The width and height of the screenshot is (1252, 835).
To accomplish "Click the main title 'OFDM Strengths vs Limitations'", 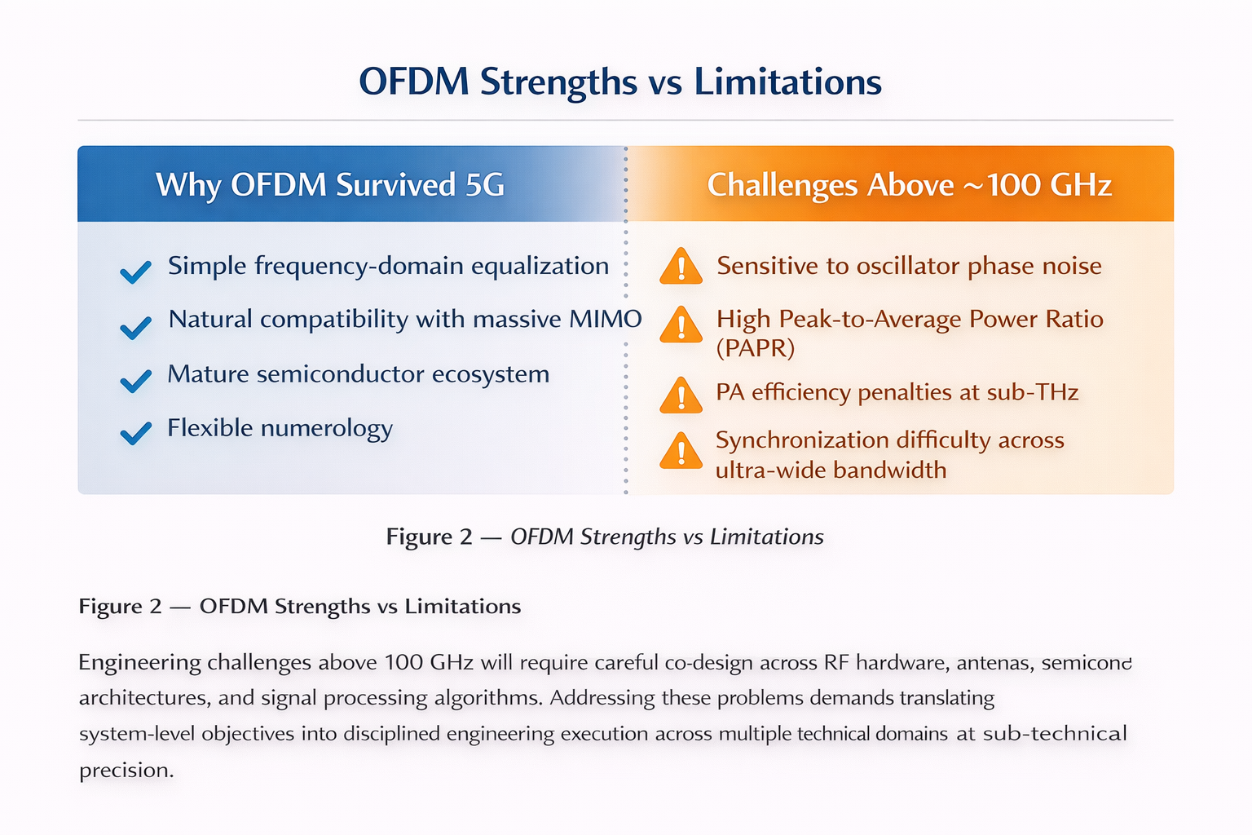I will (x=620, y=82).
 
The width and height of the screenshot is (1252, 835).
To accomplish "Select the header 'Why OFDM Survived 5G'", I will (x=330, y=185).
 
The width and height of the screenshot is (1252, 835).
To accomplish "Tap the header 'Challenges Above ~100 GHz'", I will (x=909, y=185).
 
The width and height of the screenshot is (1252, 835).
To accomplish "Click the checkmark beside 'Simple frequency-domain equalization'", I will (x=135, y=272).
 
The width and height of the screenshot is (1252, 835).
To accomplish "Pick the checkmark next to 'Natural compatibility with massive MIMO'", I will (x=135, y=327).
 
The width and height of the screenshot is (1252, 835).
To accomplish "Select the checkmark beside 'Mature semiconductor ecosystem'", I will (x=135, y=381).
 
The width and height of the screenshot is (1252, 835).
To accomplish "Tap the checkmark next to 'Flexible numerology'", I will (x=135, y=433).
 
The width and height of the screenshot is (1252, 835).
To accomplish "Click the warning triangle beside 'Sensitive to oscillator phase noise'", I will (x=681, y=267).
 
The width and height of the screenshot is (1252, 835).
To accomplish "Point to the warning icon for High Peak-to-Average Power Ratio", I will (x=681, y=325).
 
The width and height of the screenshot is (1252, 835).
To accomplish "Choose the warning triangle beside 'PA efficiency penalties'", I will (x=681, y=395).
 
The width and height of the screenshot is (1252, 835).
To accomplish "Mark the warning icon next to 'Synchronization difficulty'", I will (x=681, y=451).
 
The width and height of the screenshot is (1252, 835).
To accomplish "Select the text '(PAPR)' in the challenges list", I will (x=755, y=348).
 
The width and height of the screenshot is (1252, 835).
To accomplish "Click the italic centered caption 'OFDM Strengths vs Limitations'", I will (x=667, y=537).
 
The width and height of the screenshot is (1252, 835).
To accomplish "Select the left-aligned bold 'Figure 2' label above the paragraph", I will (x=121, y=607).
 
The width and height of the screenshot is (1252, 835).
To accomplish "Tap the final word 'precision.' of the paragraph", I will (x=126, y=770).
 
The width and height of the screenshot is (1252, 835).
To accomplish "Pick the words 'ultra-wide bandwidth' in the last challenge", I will (x=831, y=471).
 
